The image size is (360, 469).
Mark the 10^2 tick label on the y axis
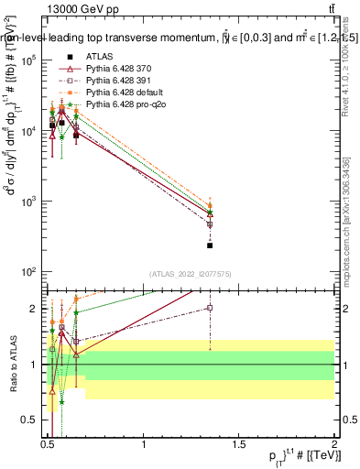coord(27,272)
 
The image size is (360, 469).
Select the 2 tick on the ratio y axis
coord(33,309)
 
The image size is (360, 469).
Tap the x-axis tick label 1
coord(144,444)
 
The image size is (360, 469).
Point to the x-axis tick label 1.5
coord(239,444)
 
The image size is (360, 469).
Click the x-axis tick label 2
coord(334,444)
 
